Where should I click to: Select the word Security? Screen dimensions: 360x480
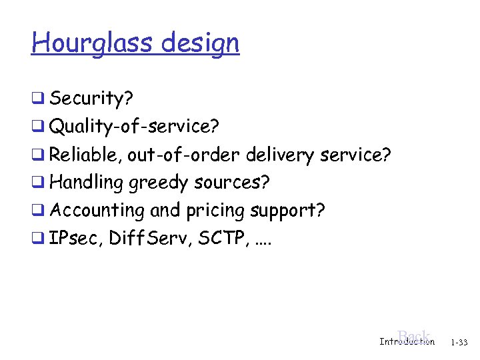coord(92,99)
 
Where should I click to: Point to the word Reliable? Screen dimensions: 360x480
coord(85,155)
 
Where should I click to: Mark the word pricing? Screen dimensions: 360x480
coord(215,210)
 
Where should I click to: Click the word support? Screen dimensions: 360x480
coord(288,210)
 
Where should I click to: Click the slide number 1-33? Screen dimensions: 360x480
coord(459,342)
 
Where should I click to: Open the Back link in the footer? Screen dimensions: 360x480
coord(413,336)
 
